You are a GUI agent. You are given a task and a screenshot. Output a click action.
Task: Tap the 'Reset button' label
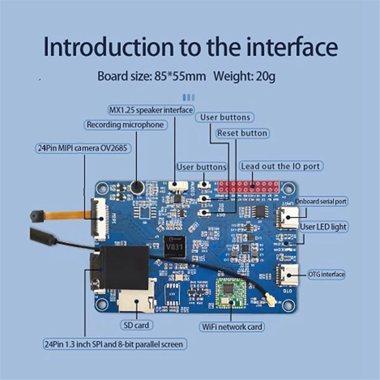tap(242, 133)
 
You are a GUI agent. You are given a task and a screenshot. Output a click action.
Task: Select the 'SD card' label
tap(136, 325)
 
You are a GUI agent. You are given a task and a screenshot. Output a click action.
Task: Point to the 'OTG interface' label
tap(326, 274)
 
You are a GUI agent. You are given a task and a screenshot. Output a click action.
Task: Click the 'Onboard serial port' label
tap(321, 201)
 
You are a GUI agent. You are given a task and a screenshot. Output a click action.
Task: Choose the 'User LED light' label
tap(323, 227)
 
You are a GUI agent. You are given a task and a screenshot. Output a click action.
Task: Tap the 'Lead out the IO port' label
tap(281, 166)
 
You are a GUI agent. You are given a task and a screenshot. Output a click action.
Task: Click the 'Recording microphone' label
tap(125, 125)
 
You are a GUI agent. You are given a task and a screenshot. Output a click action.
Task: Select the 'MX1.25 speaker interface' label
tap(151, 110)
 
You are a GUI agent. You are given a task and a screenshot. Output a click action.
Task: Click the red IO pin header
tap(248, 187)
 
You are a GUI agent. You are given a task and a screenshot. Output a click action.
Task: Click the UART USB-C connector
tap(288, 218)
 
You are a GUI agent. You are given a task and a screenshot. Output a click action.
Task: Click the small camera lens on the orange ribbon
tap(34, 216)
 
